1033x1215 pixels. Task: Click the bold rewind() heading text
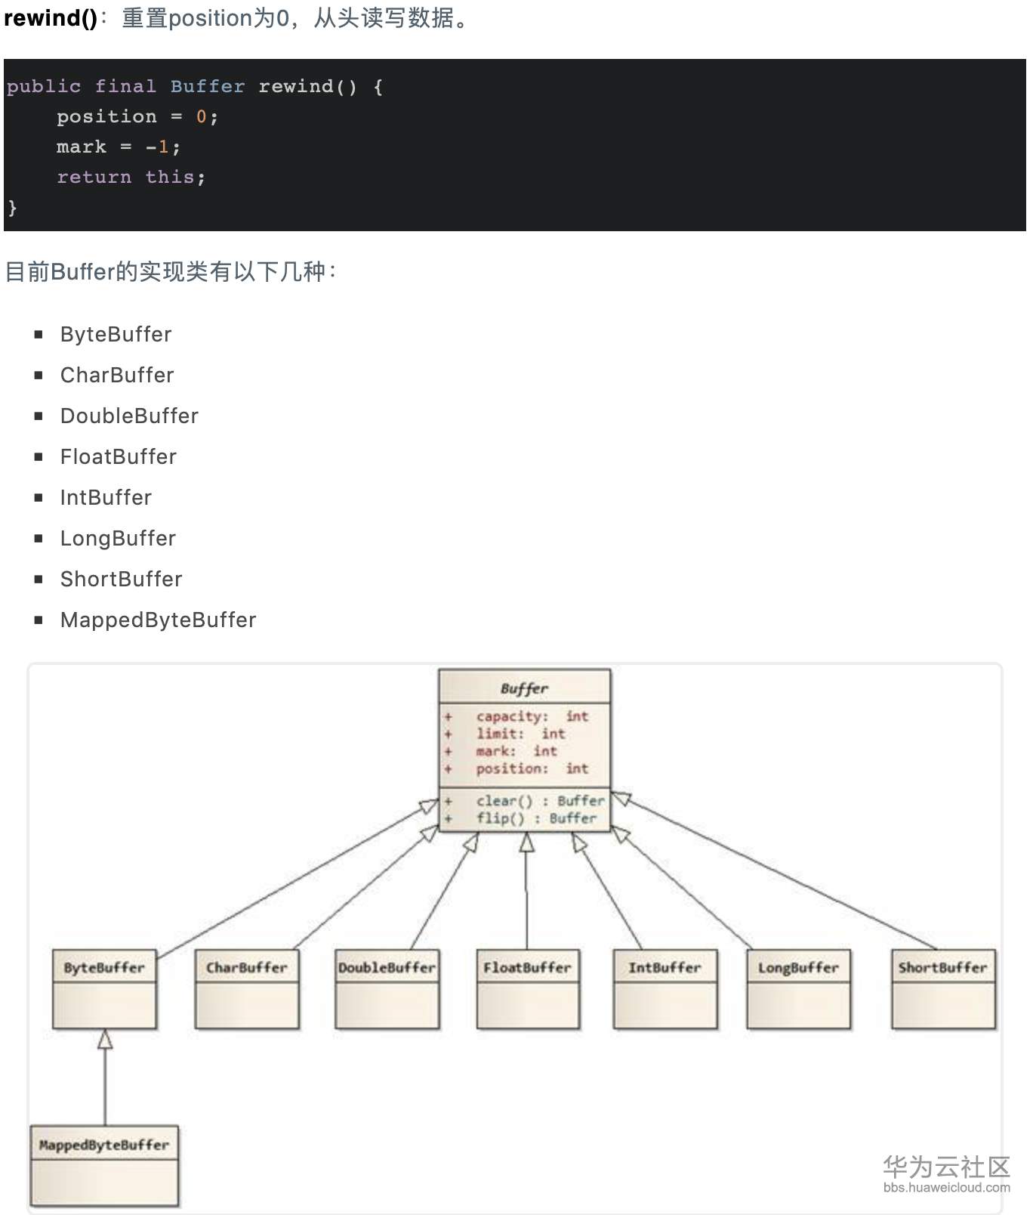click(50, 18)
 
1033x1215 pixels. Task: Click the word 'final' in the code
click(125, 87)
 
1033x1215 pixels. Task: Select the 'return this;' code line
click(131, 177)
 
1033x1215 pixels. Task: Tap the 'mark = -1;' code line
click(118, 147)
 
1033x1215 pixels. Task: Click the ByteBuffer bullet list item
click(116, 335)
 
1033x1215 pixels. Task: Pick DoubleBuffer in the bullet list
click(129, 416)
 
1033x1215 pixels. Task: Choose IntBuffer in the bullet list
click(106, 498)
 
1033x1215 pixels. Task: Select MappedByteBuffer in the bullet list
click(158, 620)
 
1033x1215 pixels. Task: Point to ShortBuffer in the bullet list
click(121, 580)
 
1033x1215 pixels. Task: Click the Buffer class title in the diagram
click(524, 688)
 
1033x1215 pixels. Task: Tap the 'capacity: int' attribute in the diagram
click(532, 716)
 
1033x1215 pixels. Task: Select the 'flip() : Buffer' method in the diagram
click(535, 818)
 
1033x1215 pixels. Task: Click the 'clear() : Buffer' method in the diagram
click(540, 801)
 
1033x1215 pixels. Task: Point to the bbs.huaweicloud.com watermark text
click(946, 1188)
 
